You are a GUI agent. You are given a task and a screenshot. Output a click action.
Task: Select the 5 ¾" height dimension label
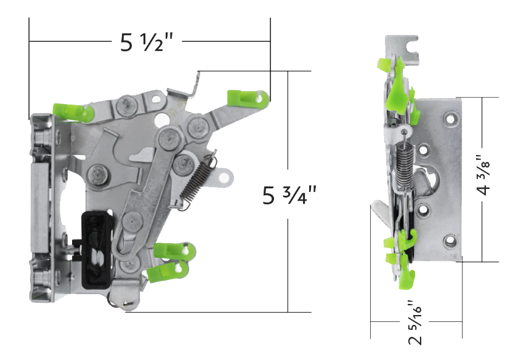(x=289, y=195)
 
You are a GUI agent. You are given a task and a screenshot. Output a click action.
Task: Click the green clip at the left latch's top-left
(x=73, y=111)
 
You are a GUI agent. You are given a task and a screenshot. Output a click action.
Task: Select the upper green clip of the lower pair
(x=171, y=250)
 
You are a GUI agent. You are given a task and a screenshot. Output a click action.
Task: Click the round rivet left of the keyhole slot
(x=99, y=174)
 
